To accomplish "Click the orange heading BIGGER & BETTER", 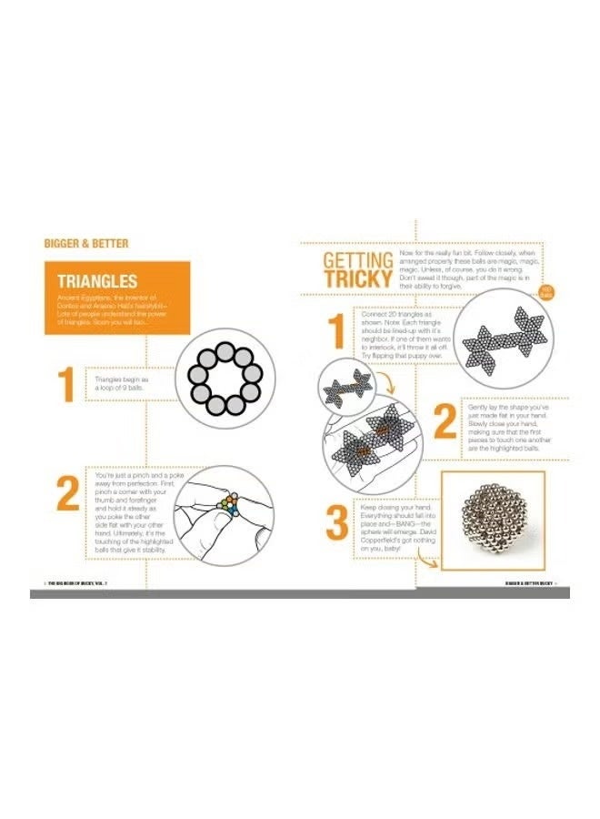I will point(86,244).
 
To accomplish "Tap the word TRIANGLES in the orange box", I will point(97,281).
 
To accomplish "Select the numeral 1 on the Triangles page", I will point(65,385).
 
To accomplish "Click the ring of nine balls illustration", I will point(225,375).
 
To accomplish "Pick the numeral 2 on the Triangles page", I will point(67,493).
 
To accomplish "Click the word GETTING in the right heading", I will point(358,261).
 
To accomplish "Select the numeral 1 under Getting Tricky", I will point(335,331).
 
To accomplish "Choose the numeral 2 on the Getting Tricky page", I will point(444,421).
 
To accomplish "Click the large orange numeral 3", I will point(336,525).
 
